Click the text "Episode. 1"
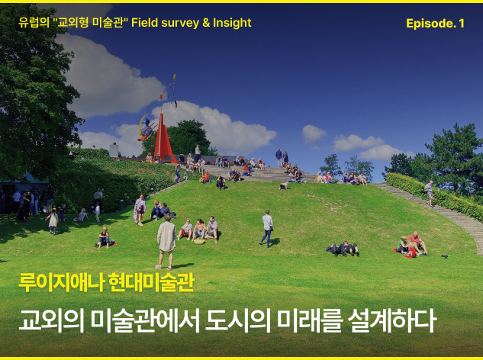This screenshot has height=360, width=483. click(x=435, y=24)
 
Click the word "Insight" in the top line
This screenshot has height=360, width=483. click(x=232, y=22)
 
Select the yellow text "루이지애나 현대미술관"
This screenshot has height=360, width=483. click(x=106, y=282)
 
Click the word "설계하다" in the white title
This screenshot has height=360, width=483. click(x=392, y=320)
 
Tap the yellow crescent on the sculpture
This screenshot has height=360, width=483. click(x=142, y=127)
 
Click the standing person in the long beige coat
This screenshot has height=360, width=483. click(x=166, y=242)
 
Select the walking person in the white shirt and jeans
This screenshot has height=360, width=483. click(x=267, y=228)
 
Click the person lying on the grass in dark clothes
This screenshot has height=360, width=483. click(x=343, y=249)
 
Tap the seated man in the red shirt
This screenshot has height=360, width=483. click(x=417, y=243)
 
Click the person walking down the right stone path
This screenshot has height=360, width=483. click(x=430, y=194)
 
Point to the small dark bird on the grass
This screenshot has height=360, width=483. click(x=444, y=256)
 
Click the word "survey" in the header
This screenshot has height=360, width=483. click(x=180, y=23)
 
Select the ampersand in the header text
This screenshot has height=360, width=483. click(x=206, y=23)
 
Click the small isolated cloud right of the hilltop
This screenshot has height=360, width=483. click(x=314, y=134)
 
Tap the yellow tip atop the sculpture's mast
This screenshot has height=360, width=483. click(x=174, y=76)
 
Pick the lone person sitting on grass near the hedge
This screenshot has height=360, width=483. click(x=104, y=238)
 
